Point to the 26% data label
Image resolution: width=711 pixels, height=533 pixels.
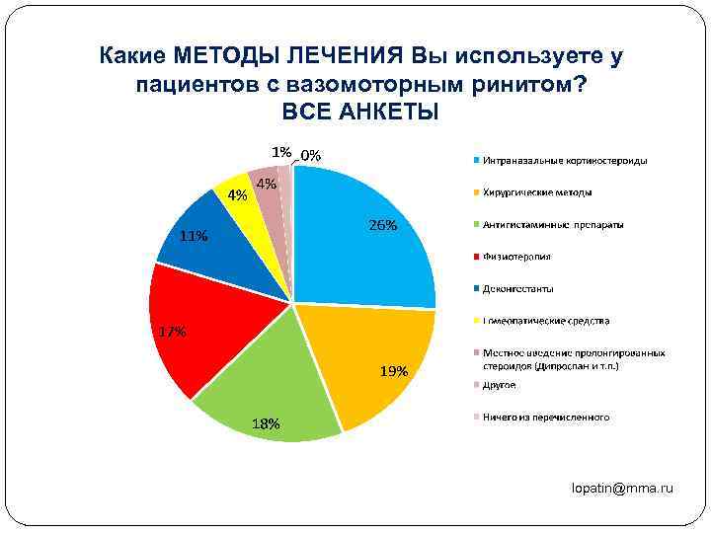pyautogui.click(x=383, y=225)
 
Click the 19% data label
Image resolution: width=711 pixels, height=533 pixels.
pyautogui.click(x=393, y=372)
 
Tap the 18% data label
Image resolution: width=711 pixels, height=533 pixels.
pyautogui.click(x=266, y=423)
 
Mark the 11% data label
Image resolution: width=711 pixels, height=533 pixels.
pyautogui.click(x=194, y=236)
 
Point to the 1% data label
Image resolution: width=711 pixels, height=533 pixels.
pyautogui.click(x=281, y=152)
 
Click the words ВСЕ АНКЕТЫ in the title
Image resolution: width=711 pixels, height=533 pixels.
pyautogui.click(x=359, y=110)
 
